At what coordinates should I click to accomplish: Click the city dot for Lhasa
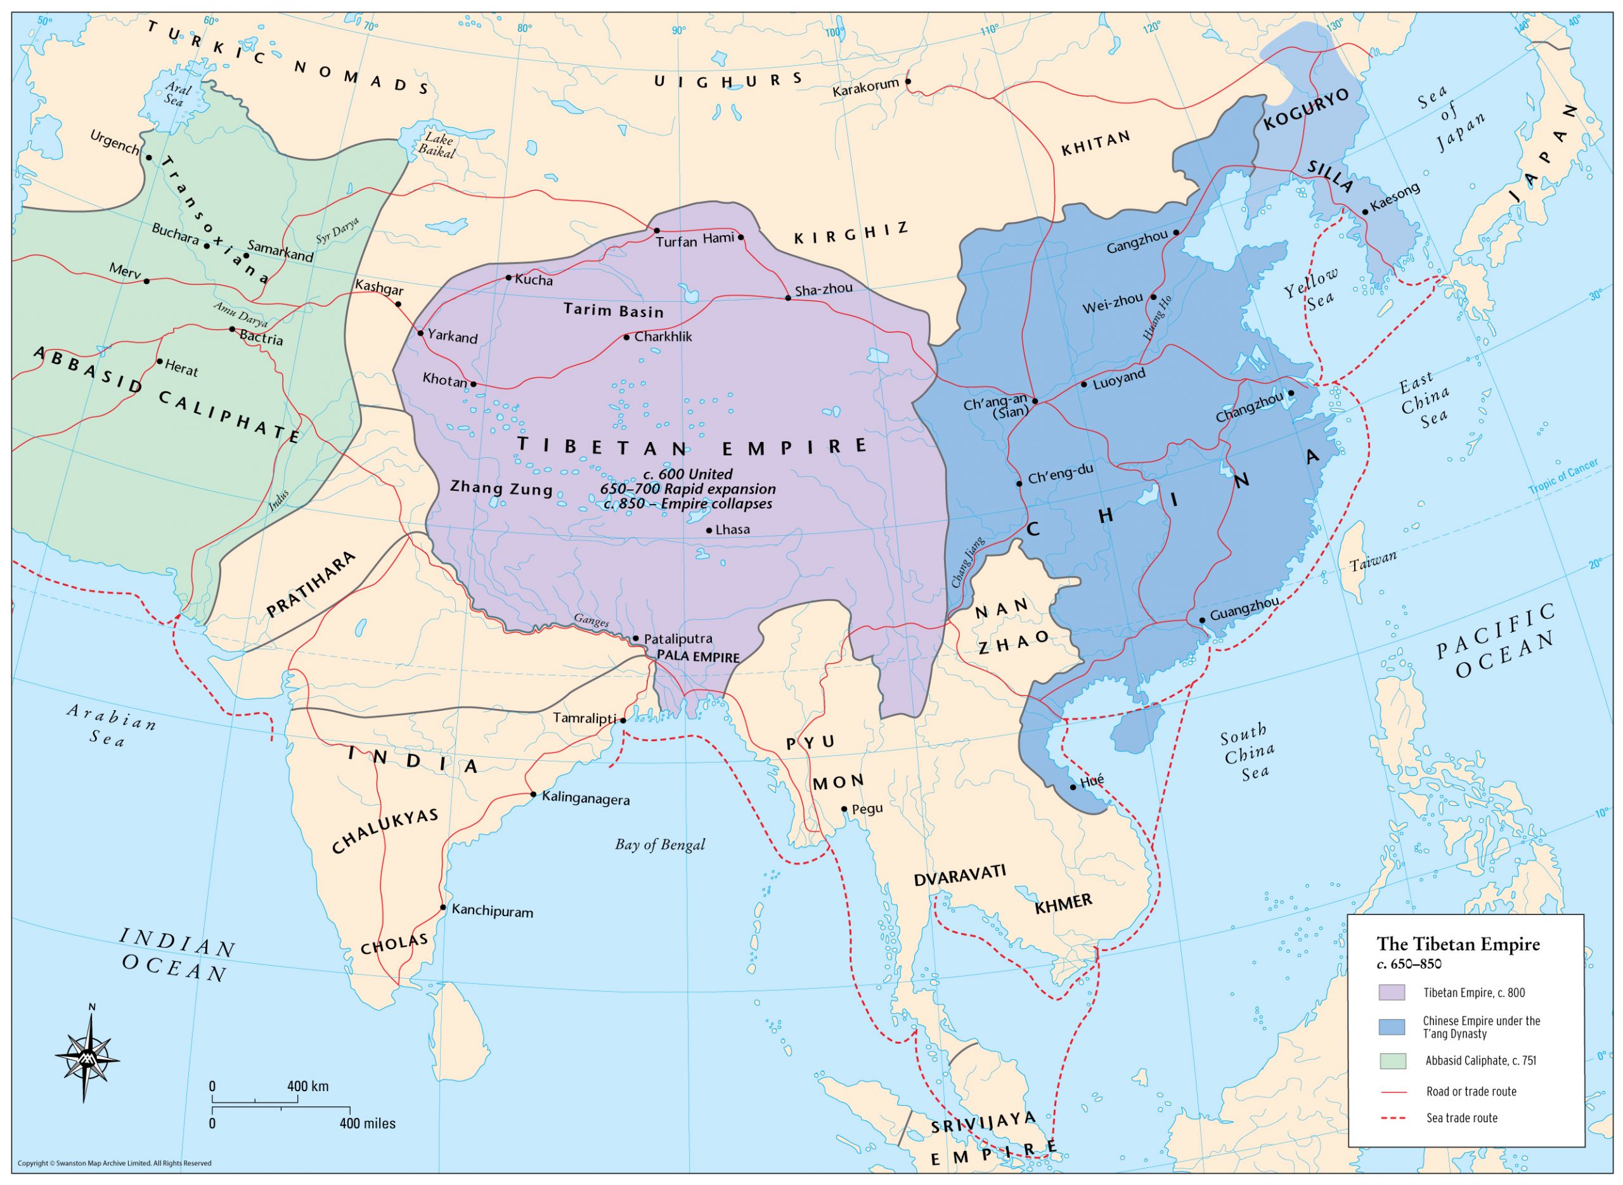[x=709, y=531]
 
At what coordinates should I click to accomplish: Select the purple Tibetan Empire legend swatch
[x=1390, y=993]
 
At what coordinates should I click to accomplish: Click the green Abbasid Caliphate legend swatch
[x=1390, y=1060]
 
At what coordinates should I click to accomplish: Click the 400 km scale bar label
[x=307, y=1086]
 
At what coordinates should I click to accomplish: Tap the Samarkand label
[x=280, y=251]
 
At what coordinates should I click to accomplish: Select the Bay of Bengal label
[x=659, y=845]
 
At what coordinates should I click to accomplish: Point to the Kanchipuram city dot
[x=443, y=908]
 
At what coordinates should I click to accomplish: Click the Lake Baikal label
[x=439, y=145]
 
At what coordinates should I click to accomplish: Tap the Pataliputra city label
[x=678, y=639]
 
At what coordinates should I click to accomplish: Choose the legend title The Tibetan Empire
[x=1458, y=944]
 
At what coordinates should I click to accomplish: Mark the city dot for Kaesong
[x=1365, y=212]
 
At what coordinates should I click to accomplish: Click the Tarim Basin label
[x=613, y=311]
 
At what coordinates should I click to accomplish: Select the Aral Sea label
[x=174, y=94]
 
